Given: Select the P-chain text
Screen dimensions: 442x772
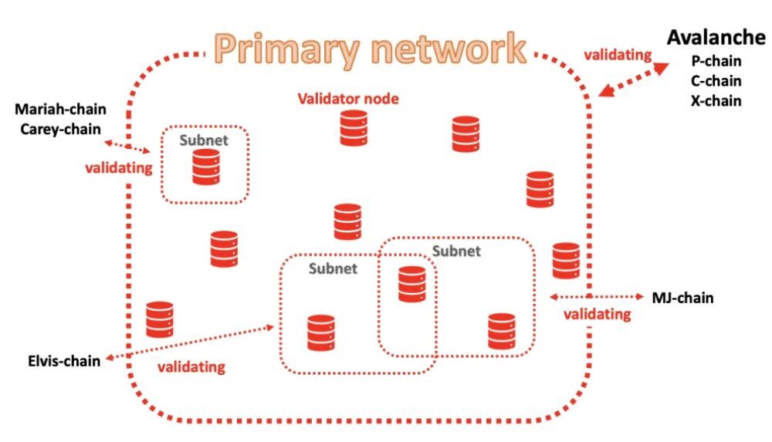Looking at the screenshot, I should [x=716, y=61].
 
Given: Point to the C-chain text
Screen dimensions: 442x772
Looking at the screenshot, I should [x=716, y=81].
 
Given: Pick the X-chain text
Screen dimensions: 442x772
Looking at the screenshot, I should [x=716, y=100].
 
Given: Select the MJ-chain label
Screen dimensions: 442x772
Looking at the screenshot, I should [x=682, y=298].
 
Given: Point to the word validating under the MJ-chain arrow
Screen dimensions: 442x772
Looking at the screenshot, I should [x=596, y=314].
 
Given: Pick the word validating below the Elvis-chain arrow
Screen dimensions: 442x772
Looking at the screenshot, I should [x=191, y=367].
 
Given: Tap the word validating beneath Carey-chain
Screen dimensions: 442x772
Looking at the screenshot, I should [x=117, y=167].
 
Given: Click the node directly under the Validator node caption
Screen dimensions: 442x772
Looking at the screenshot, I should [x=354, y=128].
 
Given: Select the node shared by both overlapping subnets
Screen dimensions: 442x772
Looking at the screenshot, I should [x=411, y=284].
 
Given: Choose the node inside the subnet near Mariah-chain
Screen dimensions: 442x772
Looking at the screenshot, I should [x=206, y=167].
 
